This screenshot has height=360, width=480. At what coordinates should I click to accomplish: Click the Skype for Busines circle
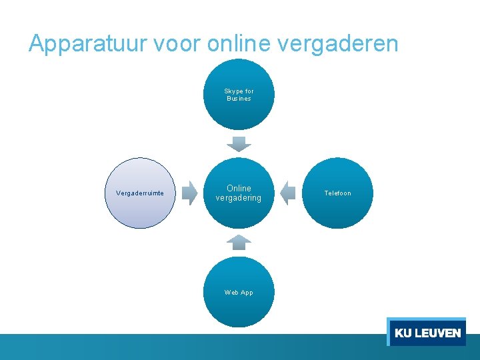click(239, 95)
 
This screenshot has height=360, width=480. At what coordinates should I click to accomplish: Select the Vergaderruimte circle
click(140, 193)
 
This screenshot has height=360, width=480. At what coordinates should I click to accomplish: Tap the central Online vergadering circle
click(239, 193)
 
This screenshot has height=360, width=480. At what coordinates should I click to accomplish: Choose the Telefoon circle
click(337, 193)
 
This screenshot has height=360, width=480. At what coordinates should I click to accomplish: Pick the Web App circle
click(239, 292)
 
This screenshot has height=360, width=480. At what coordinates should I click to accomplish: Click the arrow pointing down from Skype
click(239, 143)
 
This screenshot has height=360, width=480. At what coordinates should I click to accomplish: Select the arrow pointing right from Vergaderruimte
click(191, 193)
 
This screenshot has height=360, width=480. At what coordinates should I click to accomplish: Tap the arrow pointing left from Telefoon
click(287, 193)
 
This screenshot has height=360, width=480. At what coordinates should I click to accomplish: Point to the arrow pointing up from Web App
click(239, 242)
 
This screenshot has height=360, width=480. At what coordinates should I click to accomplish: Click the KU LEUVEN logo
click(427, 332)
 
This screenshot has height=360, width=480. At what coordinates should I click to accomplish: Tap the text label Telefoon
click(337, 193)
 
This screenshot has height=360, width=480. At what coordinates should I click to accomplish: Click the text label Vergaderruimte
click(140, 193)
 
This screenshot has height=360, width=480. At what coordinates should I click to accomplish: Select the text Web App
click(239, 293)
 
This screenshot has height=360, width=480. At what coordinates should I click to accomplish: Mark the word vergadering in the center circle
click(239, 198)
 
